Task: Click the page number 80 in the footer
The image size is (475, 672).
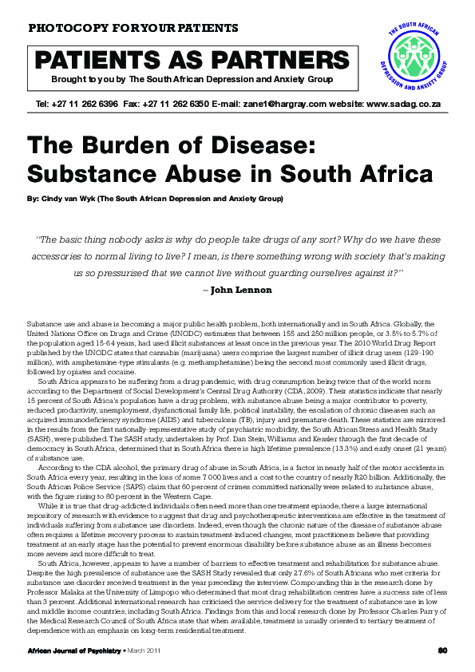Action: [442, 649]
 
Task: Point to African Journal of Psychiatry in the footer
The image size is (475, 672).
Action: [67, 649]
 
